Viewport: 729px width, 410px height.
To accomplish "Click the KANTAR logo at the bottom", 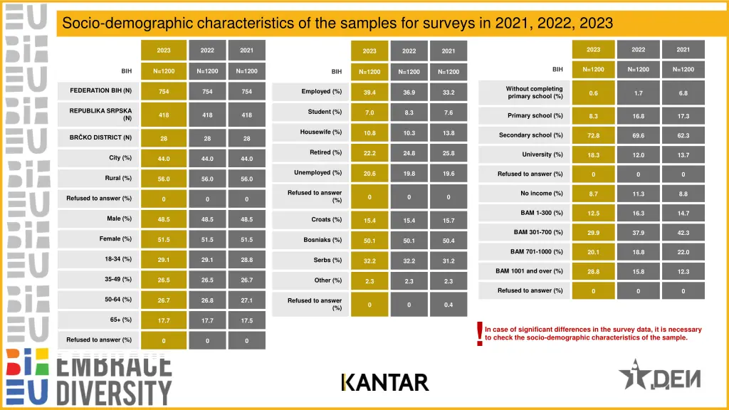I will point(385,382).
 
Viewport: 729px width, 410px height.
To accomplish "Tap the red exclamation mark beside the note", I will point(480,333).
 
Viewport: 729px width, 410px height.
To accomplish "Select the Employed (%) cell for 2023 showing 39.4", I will point(369,93).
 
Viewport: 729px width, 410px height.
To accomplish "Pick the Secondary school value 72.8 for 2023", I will point(593,135).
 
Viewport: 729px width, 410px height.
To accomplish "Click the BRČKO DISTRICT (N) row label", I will point(100,137).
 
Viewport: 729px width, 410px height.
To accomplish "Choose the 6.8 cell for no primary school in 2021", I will point(683,93).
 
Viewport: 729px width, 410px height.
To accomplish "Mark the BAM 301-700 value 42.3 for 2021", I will point(683,233).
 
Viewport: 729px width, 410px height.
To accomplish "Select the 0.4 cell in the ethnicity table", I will point(449,305).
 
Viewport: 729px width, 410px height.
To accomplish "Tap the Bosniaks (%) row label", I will point(322,240).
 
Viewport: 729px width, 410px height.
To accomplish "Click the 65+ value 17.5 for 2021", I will point(246,321).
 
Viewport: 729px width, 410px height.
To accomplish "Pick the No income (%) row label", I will point(541,194).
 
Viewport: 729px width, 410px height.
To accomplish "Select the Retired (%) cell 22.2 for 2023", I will point(369,153).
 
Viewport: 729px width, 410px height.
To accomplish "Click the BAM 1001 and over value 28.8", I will point(593,271).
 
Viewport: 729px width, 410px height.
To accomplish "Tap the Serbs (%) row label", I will point(327,261).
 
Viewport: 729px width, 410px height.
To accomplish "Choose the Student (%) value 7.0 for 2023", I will point(369,113).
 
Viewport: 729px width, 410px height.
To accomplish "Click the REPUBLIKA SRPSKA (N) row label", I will point(100,115).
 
